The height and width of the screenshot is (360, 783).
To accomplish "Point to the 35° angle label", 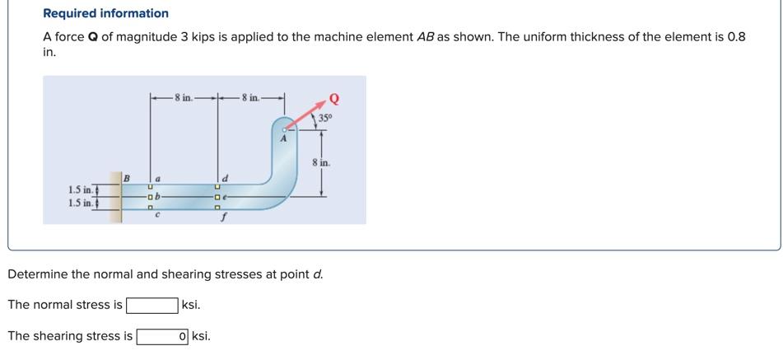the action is click(324, 118).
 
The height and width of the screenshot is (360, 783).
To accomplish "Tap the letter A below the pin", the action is click(282, 140).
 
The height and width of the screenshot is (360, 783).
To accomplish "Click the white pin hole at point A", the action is click(284, 129).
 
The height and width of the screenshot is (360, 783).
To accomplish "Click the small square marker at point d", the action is click(217, 187).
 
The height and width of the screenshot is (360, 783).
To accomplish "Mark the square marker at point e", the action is click(217, 198).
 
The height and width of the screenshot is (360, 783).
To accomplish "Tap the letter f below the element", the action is click(220, 219).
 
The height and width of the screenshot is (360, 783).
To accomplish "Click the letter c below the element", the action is click(157, 216).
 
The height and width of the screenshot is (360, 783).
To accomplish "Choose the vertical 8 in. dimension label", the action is click(321, 162).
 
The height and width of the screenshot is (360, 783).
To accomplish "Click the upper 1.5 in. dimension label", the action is click(80, 190).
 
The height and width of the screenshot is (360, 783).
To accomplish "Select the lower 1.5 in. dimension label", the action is click(80, 203).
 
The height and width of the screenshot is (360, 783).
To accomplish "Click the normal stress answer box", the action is click(151, 305).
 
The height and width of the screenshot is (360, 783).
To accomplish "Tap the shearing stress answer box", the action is click(162, 336).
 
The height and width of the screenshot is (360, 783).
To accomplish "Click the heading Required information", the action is click(105, 13).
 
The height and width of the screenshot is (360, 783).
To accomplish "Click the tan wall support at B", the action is click(117, 198).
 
